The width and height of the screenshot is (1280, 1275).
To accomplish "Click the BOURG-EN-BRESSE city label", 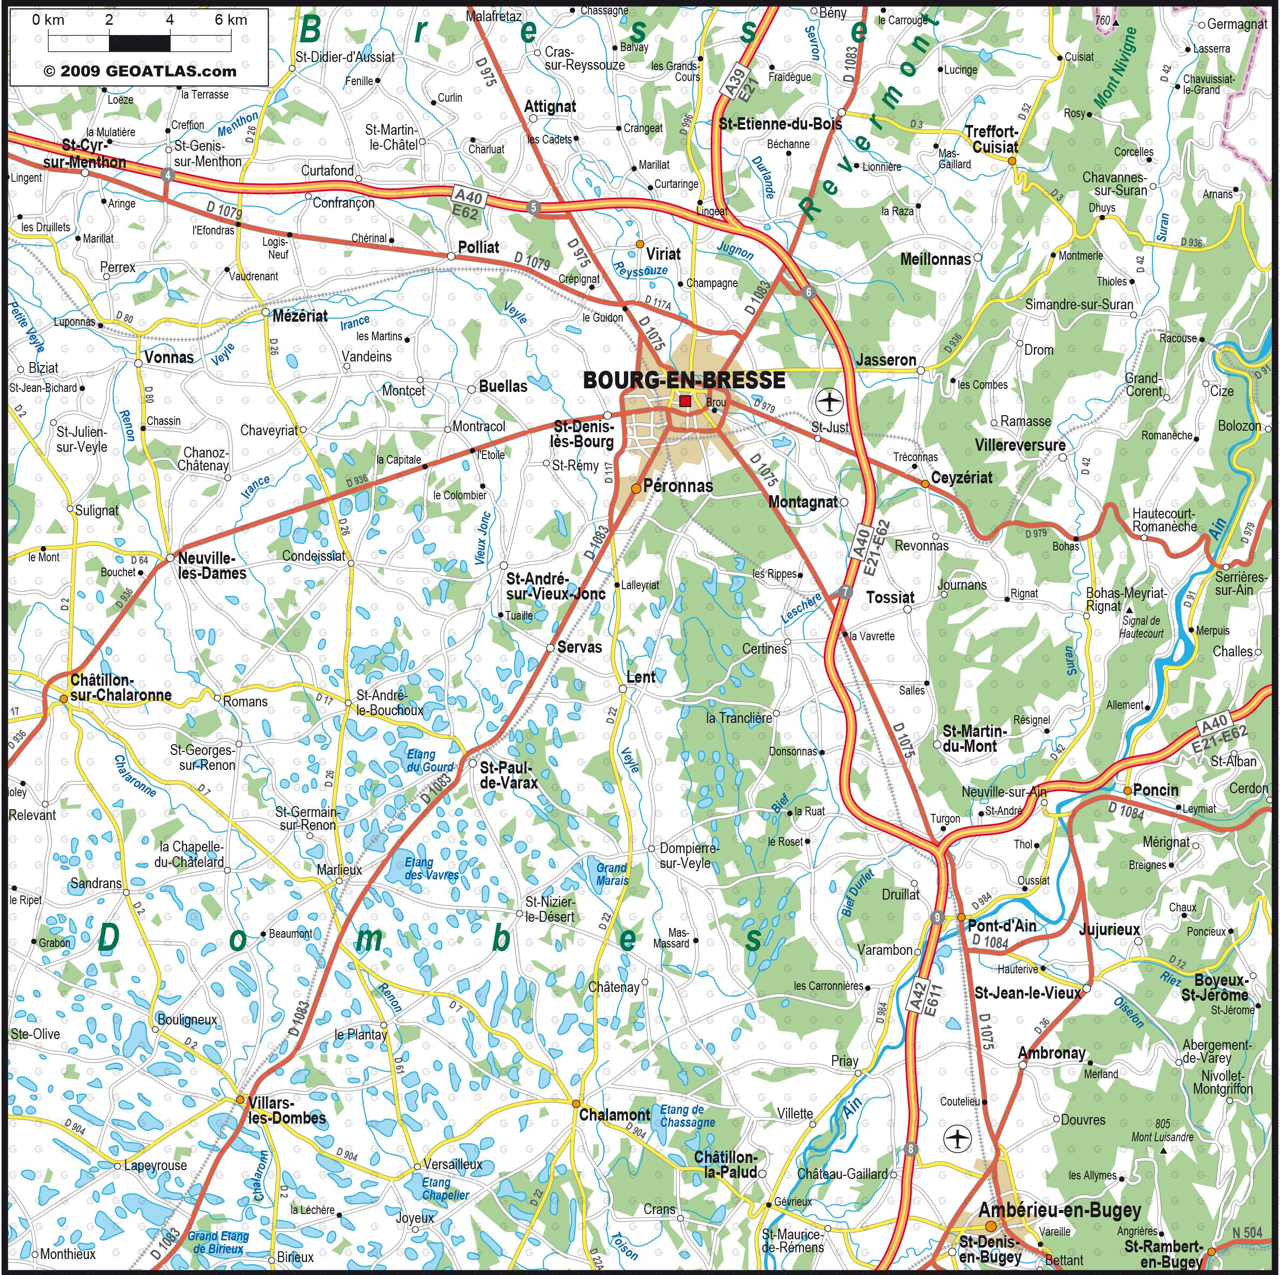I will [x=684, y=380].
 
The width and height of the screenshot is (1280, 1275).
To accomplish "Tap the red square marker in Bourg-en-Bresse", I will [x=685, y=400].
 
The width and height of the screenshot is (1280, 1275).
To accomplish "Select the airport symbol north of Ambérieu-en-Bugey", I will [x=957, y=1139].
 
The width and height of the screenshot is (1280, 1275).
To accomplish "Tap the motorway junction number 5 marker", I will [x=533, y=207].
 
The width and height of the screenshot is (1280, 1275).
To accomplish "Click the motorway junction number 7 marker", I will [x=845, y=591].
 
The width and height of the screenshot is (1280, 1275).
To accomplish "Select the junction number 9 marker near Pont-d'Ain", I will [x=937, y=917].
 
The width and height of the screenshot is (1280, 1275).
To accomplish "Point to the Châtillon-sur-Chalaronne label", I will [x=120, y=687].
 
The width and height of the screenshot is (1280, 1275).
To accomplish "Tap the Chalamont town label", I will [x=615, y=1115].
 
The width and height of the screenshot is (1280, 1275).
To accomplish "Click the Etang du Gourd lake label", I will [x=429, y=760].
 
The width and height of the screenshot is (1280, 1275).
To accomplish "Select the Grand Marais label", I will [x=612, y=874].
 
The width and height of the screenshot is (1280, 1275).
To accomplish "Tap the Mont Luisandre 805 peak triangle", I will [x=1163, y=1151].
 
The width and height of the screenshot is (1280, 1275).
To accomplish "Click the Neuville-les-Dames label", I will [x=212, y=565].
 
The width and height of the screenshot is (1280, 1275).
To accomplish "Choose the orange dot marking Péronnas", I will [x=635, y=488].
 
